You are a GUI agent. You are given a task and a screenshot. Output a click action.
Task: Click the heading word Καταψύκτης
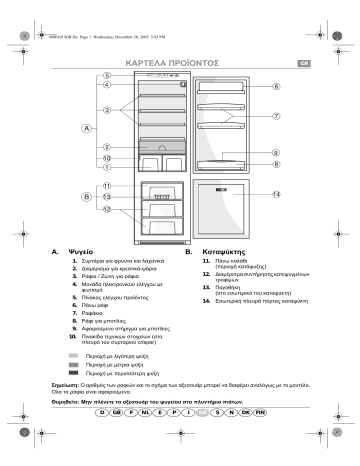click(226, 241)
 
